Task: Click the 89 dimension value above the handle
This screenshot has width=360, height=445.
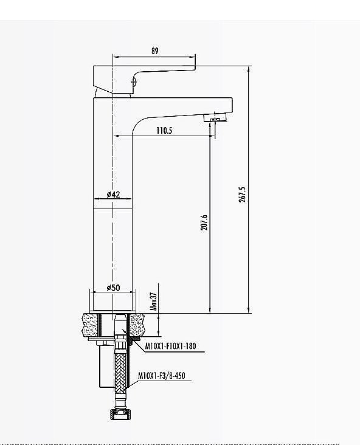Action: (154, 52)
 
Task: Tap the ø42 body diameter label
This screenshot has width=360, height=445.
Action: (113, 195)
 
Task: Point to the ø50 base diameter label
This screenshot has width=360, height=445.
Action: (113, 288)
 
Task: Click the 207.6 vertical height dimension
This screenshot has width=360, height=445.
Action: (204, 222)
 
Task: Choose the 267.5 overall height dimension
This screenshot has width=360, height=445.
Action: (243, 195)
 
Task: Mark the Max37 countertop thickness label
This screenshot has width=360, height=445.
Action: (154, 300)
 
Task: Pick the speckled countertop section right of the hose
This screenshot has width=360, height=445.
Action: (137, 323)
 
